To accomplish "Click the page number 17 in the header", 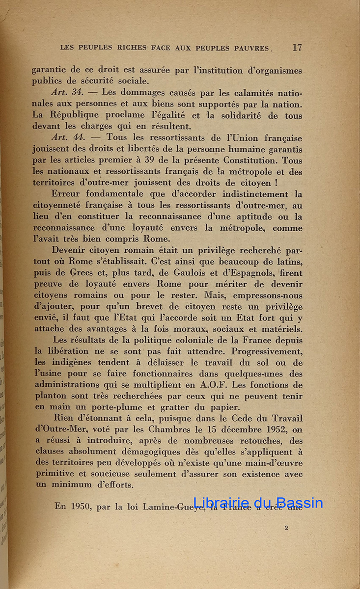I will click(297, 48).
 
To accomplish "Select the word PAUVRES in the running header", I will click(251, 48).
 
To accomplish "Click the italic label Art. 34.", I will click(66, 92).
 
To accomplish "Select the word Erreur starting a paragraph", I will click(69, 194).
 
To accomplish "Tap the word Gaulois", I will click(197, 273).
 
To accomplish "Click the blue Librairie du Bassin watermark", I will click(258, 503).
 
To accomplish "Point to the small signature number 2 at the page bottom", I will click(286, 529).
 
